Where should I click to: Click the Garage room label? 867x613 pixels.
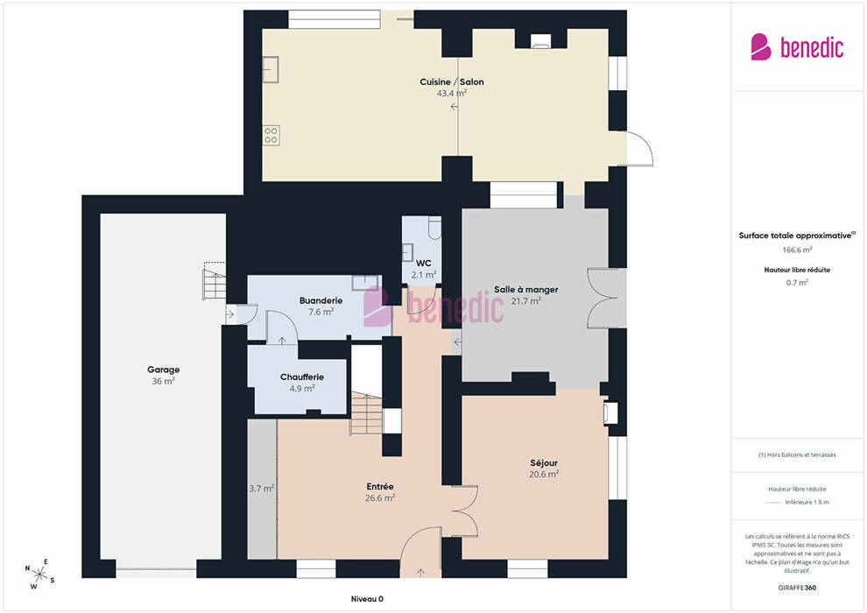click(163, 370)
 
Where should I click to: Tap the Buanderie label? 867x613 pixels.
click(321, 300)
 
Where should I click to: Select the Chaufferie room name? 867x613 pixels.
click(302, 377)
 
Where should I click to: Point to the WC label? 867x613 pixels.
click(424, 263)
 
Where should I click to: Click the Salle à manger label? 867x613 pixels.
click(525, 290)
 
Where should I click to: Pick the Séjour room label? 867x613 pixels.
click(544, 462)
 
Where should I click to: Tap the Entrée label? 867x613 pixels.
click(380, 486)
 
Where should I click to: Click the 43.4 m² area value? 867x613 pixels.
click(452, 93)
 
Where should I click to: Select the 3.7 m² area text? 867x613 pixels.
click(262, 489)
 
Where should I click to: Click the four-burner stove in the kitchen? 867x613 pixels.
click(271, 136)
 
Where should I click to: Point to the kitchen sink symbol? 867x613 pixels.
click(270, 70)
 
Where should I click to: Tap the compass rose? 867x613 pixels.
click(39, 574)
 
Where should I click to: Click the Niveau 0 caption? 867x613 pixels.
click(367, 599)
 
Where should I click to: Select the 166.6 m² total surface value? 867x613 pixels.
click(797, 250)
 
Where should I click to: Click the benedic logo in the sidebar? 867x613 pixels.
click(797, 47)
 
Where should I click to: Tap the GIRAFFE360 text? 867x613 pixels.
click(797, 588)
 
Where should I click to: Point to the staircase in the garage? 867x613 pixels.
click(215, 281)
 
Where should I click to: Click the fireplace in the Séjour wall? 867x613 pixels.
click(610, 412)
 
